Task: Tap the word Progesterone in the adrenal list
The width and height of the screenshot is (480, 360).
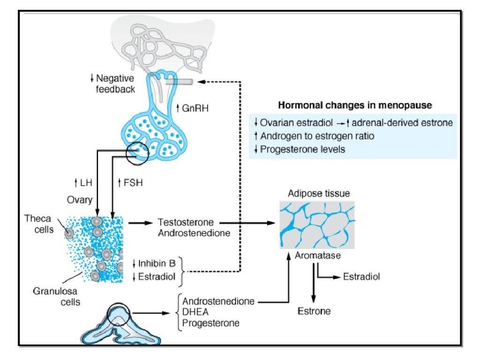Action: [211, 323]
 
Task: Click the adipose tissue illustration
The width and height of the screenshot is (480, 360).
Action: [317, 225]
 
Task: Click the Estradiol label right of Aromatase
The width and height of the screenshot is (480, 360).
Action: [361, 277]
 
